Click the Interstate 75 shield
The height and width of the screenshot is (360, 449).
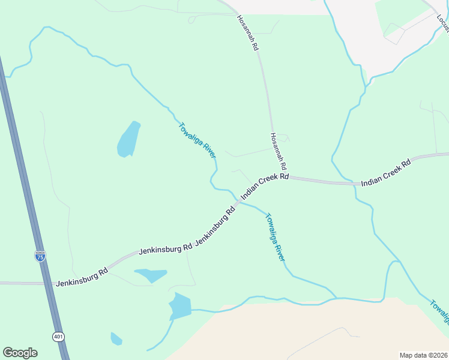(40, 256)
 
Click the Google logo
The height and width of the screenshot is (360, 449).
(20, 353)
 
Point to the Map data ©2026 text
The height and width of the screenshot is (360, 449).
(423, 355)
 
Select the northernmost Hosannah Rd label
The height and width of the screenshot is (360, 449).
(247, 32)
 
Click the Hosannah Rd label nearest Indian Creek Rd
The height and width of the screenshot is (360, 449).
(279, 151)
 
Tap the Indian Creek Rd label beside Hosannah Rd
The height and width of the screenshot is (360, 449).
(265, 187)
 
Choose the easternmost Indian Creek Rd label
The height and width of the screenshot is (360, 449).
(385, 172)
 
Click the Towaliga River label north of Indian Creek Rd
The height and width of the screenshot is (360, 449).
(197, 141)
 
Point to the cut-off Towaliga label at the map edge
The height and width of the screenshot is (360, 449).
(439, 311)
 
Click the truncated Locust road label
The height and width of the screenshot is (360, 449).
(442, 23)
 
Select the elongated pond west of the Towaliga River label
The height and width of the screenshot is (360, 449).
(128, 140)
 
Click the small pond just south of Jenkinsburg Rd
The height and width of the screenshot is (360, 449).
(151, 275)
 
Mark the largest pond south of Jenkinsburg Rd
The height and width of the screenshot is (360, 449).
(179, 306)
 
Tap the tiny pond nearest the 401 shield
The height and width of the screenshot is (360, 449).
(116, 339)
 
